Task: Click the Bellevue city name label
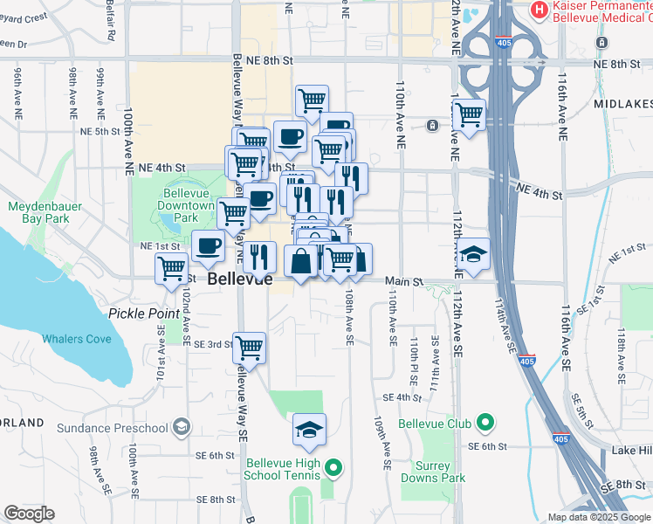[x=240, y=280]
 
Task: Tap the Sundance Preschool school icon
[x=181, y=427]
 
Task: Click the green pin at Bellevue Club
[x=485, y=424]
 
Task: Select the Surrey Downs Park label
[x=433, y=472]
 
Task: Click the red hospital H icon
[x=540, y=10]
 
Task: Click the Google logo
[x=29, y=514]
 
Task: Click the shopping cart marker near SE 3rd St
[x=250, y=347]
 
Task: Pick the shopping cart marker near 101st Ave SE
[x=172, y=268]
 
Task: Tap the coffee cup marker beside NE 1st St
[x=208, y=246]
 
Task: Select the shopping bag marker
[x=300, y=261]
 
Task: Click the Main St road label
[x=405, y=282]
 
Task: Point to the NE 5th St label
[x=99, y=131]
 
